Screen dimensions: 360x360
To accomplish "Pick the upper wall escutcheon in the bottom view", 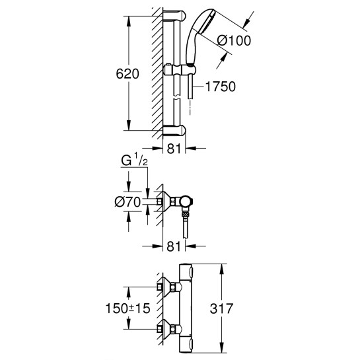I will click(x=168, y=289).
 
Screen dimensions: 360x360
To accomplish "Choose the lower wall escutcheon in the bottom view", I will click(x=168, y=328).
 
